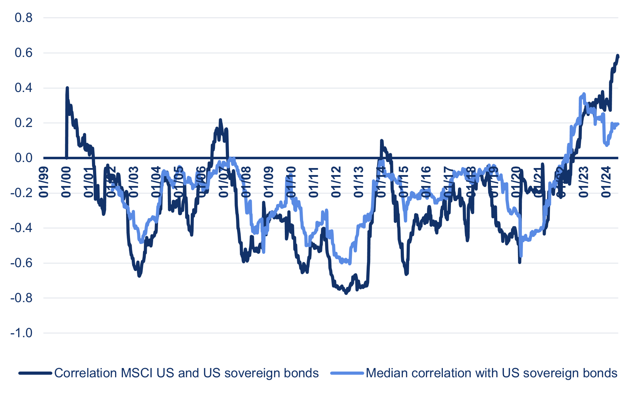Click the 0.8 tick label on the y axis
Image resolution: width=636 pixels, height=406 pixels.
pos(24,18)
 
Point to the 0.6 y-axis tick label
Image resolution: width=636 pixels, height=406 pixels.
pos(24,53)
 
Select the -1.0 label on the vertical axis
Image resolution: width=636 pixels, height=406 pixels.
pos(21,333)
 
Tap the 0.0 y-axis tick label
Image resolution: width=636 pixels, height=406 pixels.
pos(24,158)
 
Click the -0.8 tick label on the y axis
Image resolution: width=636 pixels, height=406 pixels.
pos(21,298)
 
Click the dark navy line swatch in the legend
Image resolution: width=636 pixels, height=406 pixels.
pos(35,373)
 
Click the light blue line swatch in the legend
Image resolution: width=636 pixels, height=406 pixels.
pos(347,373)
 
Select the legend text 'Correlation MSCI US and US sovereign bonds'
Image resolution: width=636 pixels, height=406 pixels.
pos(186,373)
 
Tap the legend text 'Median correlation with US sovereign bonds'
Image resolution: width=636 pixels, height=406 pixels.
pos(491,373)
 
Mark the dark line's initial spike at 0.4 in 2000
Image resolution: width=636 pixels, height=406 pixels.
pos(67,88)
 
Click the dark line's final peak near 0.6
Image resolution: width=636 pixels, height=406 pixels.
pos(618,56)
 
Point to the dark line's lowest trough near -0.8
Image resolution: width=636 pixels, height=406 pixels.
pos(346,293)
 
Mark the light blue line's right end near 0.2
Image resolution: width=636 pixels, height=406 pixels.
pos(618,124)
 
